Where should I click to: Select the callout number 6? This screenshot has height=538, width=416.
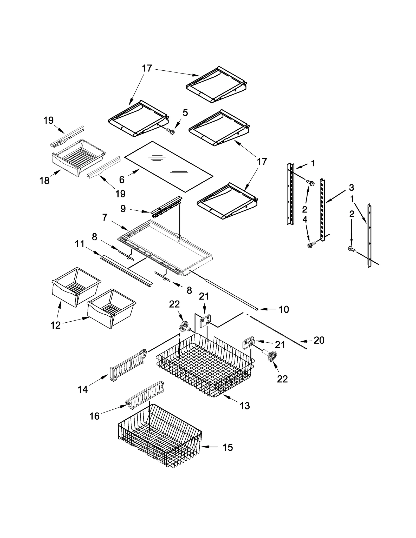point(122,180)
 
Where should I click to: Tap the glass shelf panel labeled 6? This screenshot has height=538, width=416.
point(169,166)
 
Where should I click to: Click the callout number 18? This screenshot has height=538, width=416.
point(44,180)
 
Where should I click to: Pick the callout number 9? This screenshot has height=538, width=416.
point(123,208)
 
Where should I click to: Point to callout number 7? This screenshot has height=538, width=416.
point(105,217)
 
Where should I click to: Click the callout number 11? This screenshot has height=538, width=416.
point(80,244)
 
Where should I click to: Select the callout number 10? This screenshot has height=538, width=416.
point(284,309)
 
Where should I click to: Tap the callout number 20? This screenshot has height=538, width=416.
point(319,340)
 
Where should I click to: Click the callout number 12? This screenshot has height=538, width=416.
point(55,325)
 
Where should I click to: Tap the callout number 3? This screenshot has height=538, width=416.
point(351,187)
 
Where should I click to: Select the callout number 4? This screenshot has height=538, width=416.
point(305,220)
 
